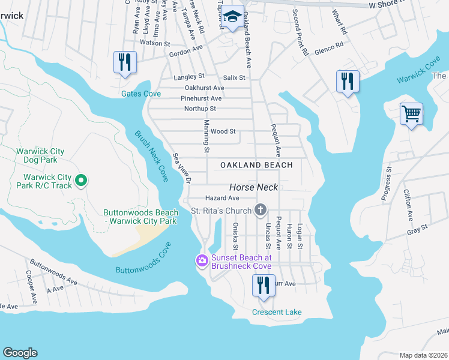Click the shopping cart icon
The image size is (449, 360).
411,113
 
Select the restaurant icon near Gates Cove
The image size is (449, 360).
125,62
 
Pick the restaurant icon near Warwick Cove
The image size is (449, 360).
348,81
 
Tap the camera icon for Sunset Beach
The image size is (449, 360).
202,260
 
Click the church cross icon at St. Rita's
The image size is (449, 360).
260,210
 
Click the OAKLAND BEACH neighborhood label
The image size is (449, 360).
256,165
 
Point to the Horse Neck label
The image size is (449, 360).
253,187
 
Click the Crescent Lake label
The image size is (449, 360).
277,312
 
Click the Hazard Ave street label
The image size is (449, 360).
222,197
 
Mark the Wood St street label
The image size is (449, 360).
223,131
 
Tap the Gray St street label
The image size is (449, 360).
416,228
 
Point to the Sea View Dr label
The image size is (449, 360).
181,169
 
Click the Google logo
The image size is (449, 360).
20,353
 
